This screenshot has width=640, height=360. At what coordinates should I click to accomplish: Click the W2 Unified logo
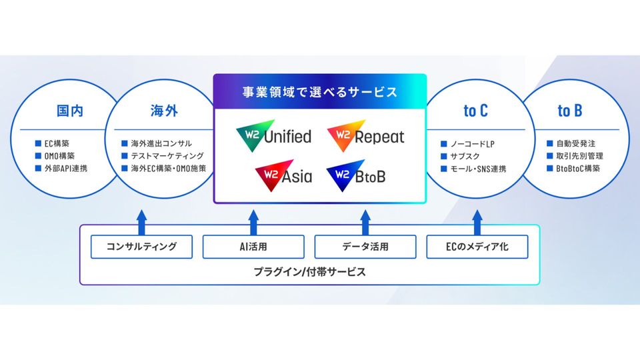pyautogui.click(x=274, y=136)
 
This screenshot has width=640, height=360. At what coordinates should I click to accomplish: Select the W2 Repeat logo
pyautogui.click(x=366, y=136)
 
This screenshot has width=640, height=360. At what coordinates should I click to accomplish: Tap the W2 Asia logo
pyautogui.click(x=284, y=175)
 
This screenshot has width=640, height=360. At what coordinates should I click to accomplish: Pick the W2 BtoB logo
pyautogui.click(x=356, y=175)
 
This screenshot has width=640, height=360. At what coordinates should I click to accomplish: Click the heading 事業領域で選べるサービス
pyautogui.click(x=319, y=92)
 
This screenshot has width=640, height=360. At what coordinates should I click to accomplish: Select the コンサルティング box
pyautogui.click(x=141, y=247)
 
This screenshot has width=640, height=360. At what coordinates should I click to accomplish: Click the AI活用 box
pyautogui.click(x=253, y=247)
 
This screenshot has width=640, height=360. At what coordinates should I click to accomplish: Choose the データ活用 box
pyautogui.click(x=365, y=247)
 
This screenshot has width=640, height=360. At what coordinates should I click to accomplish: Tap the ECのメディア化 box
pyautogui.click(x=477, y=247)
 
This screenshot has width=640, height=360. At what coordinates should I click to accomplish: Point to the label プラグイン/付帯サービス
pyautogui.click(x=310, y=272)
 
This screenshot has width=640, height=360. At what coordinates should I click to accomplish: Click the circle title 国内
pyautogui.click(x=70, y=111)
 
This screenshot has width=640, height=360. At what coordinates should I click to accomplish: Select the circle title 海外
pyautogui.click(x=164, y=111)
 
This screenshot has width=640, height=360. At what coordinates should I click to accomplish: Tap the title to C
pyautogui.click(x=475, y=111)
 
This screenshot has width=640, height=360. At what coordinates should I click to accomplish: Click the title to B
pyautogui.click(x=570, y=111)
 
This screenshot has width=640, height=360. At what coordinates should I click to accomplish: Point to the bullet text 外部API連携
pyautogui.click(x=66, y=168)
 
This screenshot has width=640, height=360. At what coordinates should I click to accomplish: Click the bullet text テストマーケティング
pyautogui.click(x=167, y=156)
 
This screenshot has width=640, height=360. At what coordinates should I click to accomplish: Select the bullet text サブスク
pyautogui.click(x=465, y=156)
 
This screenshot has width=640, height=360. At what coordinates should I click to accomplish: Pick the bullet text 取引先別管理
pyautogui.click(x=579, y=156)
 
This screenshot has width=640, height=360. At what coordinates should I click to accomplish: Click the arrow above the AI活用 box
pyautogui.click(x=253, y=223)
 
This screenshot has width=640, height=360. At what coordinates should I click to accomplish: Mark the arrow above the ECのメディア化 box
pyautogui.click(x=477, y=223)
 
